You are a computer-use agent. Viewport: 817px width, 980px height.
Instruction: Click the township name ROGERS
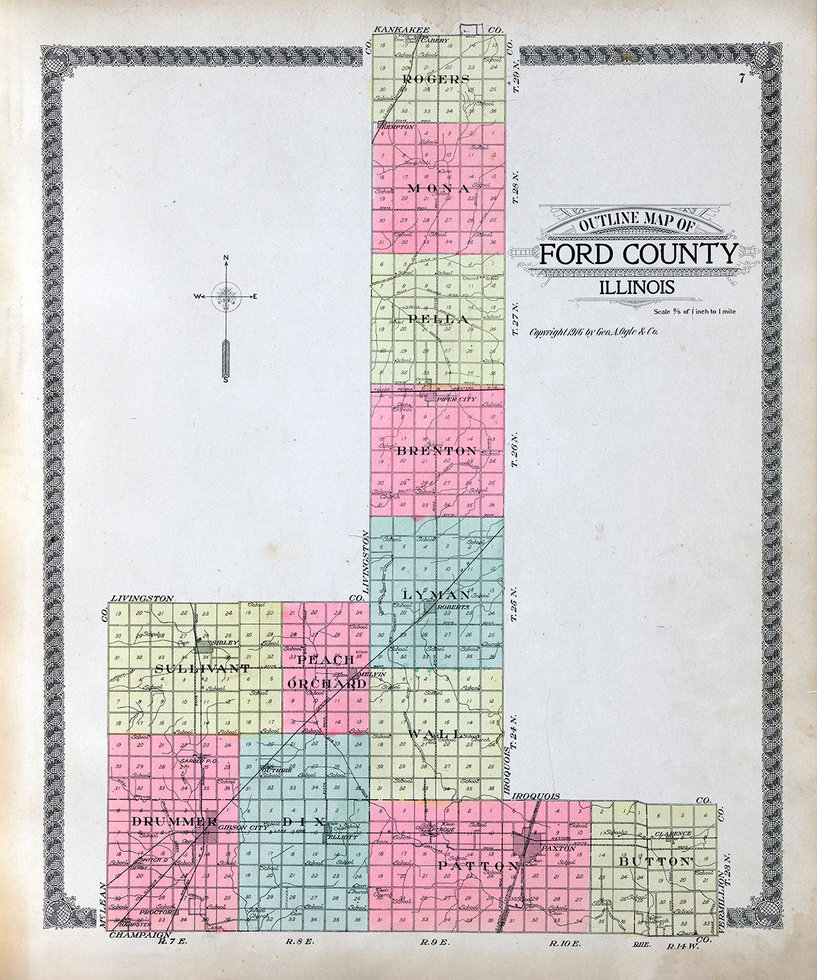(436, 79)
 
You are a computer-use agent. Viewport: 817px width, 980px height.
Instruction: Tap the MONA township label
(438, 188)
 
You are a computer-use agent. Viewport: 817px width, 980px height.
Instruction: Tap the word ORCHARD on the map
(327, 683)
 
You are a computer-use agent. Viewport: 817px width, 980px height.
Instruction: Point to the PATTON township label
(479, 866)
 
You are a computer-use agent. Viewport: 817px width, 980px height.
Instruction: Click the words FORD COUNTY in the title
(638, 255)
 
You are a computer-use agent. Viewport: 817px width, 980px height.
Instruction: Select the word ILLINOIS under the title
(637, 287)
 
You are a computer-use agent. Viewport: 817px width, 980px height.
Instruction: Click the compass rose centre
(226, 297)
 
